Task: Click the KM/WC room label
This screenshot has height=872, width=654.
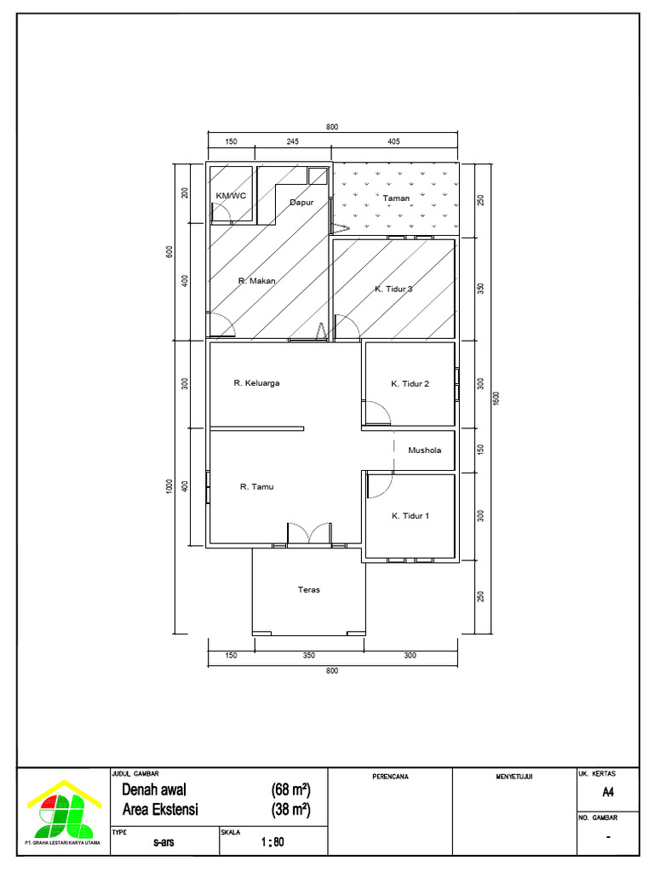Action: (x=230, y=196)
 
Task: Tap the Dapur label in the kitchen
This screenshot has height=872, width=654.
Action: (x=302, y=203)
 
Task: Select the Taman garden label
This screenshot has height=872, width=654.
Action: (x=396, y=198)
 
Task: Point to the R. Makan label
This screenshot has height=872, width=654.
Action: (x=256, y=280)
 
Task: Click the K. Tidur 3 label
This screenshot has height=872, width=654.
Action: (x=393, y=290)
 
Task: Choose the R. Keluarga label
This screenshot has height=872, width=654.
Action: (x=256, y=383)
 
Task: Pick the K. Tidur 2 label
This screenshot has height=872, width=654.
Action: (x=410, y=384)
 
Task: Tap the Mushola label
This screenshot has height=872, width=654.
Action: (x=424, y=450)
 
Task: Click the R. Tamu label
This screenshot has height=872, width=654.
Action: (x=256, y=487)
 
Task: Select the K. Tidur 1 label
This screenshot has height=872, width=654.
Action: (x=410, y=516)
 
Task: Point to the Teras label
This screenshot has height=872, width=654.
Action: (x=308, y=589)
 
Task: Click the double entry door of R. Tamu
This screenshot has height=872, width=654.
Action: (x=309, y=534)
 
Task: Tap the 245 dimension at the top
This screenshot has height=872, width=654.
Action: (x=291, y=141)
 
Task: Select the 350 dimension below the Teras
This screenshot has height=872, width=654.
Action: (x=308, y=656)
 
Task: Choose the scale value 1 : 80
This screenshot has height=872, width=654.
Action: (x=272, y=842)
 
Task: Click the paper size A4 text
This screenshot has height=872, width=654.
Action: (x=607, y=792)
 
